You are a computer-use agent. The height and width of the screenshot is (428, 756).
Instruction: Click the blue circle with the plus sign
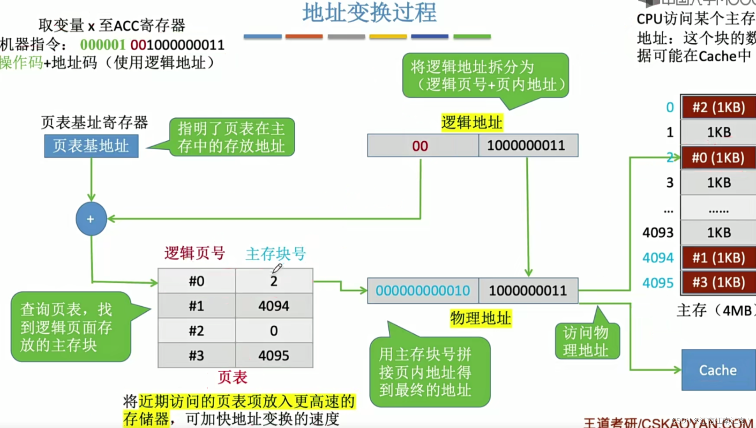pyautogui.click(x=91, y=219)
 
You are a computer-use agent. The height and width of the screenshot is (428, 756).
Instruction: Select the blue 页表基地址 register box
pyautogui.click(x=91, y=146)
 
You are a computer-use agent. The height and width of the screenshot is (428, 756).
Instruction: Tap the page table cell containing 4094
pyautogui.click(x=274, y=306)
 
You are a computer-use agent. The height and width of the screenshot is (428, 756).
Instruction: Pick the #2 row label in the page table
pyautogui.click(x=196, y=331)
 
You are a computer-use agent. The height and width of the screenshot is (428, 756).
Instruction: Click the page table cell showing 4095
pyautogui.click(x=274, y=356)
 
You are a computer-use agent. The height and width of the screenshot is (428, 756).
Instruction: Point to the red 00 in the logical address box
pyautogui.click(x=420, y=146)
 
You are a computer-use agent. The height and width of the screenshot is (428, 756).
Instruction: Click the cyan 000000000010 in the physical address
pyautogui.click(x=422, y=291)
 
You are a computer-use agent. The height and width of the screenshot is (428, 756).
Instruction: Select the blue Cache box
pyautogui.click(x=718, y=370)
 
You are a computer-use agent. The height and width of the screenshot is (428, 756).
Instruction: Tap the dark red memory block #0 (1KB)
pyautogui.click(x=718, y=157)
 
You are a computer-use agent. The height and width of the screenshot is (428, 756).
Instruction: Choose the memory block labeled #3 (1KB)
pyautogui.click(x=718, y=283)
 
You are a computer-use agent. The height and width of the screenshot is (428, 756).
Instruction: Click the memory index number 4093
pyautogui.click(x=658, y=232)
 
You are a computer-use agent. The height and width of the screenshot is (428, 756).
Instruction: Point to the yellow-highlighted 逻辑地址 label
pyautogui.click(x=472, y=123)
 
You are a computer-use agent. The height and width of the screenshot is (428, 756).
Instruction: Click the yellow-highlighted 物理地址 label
pyautogui.click(x=481, y=318)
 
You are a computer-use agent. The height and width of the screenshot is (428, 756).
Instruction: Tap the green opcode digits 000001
pyautogui.click(x=102, y=45)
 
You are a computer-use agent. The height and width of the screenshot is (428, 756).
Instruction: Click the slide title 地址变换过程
pyautogui.click(x=369, y=13)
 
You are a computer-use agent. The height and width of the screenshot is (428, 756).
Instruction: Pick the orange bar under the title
pyautogui.click(x=304, y=37)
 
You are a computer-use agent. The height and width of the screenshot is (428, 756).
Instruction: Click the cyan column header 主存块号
pyautogui.click(x=275, y=254)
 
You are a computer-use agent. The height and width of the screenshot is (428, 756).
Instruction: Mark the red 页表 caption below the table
pyautogui.click(x=232, y=377)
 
